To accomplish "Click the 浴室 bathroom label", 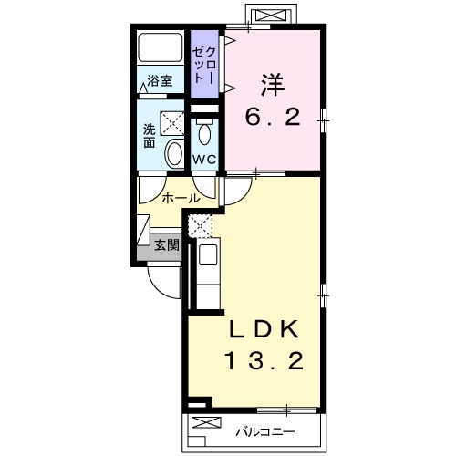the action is (160, 81).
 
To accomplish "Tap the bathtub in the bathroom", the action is (161, 47).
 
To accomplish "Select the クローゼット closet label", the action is (204, 65).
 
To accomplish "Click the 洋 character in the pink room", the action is (273, 84).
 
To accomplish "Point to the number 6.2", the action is (273, 117).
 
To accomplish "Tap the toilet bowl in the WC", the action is (204, 133).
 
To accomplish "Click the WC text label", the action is (204, 160).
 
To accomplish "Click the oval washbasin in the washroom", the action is (174, 153).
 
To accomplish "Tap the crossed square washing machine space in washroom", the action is (172, 123).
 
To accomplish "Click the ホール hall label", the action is (181, 199).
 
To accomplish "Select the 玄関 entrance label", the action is (167, 244).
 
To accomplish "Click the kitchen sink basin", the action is (208, 254).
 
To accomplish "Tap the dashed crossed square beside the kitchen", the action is (200, 226).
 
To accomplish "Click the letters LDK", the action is (264, 330).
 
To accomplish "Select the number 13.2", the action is (264, 361).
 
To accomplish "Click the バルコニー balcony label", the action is (265, 431).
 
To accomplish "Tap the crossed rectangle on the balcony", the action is (206, 422).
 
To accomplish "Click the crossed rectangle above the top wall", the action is (271, 15).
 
